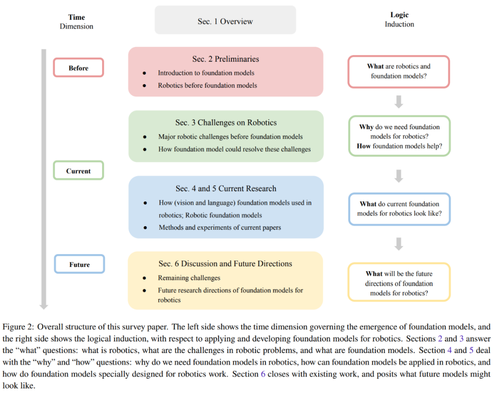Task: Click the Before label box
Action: click(79, 68)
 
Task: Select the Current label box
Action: click(79, 171)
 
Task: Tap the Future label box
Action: click(80, 265)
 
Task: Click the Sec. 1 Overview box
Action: click(225, 21)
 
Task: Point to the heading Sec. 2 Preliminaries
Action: click(225, 59)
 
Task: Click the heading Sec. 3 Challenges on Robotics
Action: click(226, 122)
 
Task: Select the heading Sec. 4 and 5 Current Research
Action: click(226, 188)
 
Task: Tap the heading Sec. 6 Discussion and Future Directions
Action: click(225, 264)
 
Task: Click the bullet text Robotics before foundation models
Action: click(207, 85)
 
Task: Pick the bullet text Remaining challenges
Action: click(189, 278)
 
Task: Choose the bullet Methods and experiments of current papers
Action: click(220, 227)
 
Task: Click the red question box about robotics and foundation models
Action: click(399, 71)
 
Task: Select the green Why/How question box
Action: click(399, 137)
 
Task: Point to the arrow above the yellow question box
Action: click(399, 244)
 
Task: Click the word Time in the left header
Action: click(76, 17)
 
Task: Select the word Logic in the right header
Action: click(399, 15)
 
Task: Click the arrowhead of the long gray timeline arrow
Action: click(44, 305)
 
